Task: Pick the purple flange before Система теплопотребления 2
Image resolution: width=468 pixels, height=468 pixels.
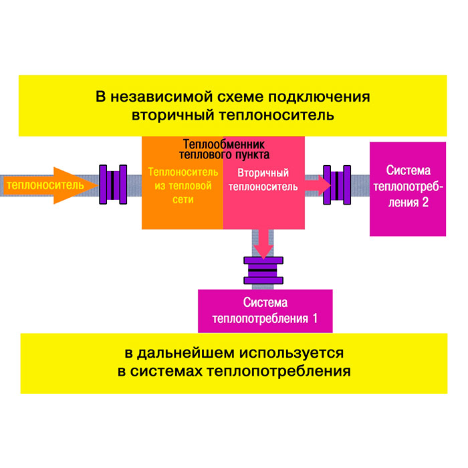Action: pos(339,183)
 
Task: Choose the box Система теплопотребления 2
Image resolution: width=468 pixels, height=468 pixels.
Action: pos(408,188)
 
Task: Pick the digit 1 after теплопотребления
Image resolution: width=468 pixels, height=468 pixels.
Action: pos(315,318)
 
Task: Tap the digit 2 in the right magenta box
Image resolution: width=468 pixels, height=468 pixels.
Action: pos(425,201)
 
